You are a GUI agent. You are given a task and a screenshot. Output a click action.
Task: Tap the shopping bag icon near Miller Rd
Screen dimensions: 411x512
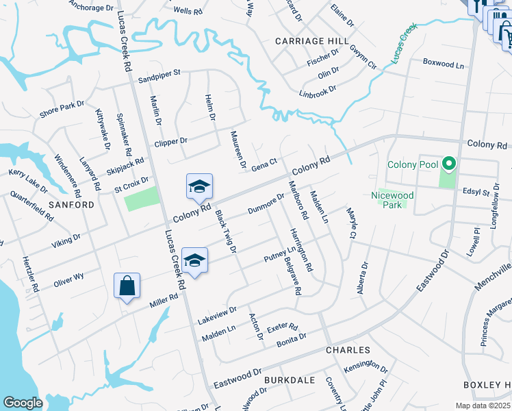click(127, 286)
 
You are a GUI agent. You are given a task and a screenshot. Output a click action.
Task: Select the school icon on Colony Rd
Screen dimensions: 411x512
click(199, 186)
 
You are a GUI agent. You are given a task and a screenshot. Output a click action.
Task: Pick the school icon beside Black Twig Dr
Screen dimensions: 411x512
click(194, 260)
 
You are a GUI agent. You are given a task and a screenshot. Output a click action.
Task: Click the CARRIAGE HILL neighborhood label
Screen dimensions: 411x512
click(307, 41)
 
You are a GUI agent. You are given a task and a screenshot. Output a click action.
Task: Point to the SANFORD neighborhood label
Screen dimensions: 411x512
click(71, 205)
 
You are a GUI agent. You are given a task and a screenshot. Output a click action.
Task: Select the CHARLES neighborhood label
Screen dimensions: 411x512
click(348, 350)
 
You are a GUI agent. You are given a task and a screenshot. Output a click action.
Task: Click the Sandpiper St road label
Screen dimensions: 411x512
click(158, 73)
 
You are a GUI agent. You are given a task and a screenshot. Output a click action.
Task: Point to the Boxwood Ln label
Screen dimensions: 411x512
click(443, 64)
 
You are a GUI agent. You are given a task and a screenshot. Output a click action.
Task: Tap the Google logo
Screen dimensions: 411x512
click(23, 403)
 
